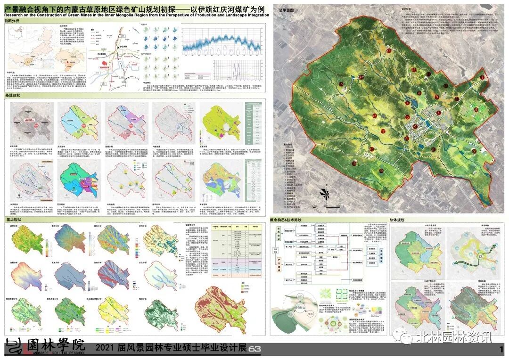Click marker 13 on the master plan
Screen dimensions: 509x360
click(389, 50)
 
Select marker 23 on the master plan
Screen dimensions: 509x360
click(474, 151)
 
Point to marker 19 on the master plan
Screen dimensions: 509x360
click(354, 163)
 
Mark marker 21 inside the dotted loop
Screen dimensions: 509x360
click(433, 149)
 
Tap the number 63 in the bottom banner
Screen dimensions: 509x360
click(254, 349)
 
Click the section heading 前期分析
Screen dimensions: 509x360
click(13, 21)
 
